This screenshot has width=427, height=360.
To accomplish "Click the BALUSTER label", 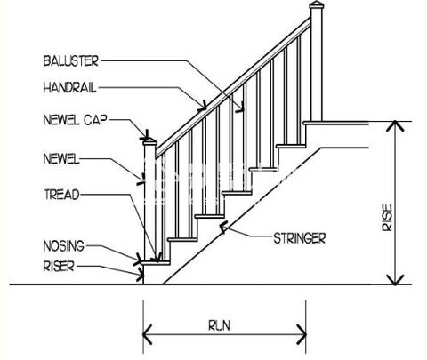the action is pos(70,61).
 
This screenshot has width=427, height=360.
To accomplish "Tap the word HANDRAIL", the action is pos(69,88).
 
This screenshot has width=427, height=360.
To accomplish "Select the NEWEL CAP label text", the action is pos(75,120).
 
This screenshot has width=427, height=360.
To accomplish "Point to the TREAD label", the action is pos(62,195).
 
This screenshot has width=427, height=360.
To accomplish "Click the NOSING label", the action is pos(64,246).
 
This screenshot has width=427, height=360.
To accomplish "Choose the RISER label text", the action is pos(59,266).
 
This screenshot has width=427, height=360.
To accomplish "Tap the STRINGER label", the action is pos(299,238).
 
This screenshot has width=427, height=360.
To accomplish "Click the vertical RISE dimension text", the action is pos(387,218).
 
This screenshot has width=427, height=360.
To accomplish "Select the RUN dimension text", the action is pos(219,325).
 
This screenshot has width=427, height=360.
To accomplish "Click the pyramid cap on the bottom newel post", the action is pos(150,141).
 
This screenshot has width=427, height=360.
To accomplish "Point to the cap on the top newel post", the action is pos(316,4).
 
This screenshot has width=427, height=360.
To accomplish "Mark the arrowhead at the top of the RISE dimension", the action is pos(395,125).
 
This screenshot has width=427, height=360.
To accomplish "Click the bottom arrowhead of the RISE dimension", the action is pos(395,280).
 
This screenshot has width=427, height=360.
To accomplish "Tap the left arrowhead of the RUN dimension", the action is pos(148,335).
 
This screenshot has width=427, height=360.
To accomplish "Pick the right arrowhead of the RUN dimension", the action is pos(302,335).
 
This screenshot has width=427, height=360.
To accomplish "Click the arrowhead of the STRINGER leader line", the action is pos(223,228).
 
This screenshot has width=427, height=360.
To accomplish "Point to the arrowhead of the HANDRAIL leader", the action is pos(203,106).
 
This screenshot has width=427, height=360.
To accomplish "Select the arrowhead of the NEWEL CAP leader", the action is pos(145,136).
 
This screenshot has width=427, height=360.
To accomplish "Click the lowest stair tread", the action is pos(156,263).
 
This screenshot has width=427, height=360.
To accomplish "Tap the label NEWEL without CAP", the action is pos(61,159).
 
